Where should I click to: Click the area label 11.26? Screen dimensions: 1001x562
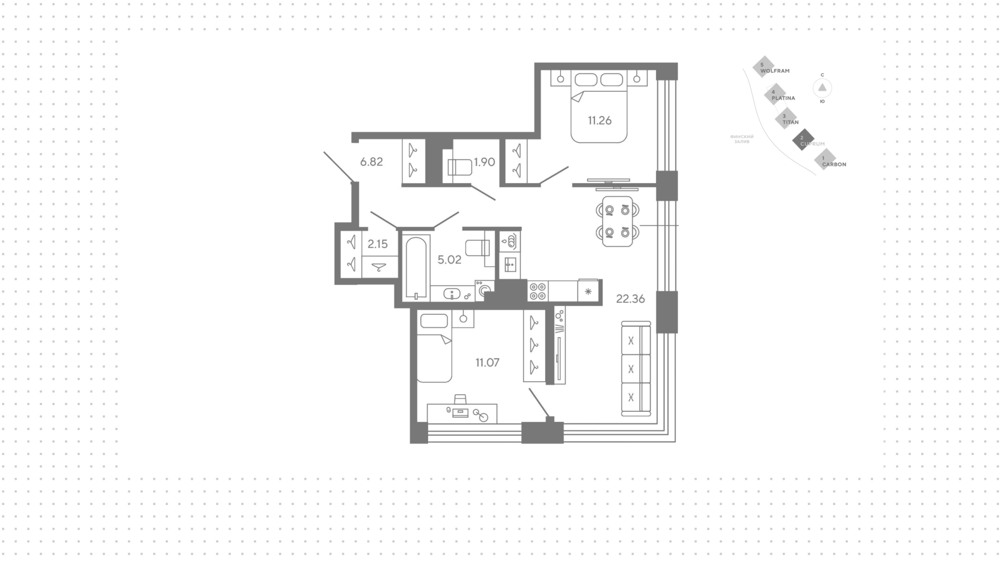(x=600, y=120)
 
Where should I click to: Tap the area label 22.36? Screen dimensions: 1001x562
(x=630, y=299)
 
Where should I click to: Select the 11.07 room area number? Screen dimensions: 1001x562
(x=487, y=362)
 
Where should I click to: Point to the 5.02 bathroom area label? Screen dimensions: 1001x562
(x=449, y=260)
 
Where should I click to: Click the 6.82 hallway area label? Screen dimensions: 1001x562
(x=371, y=162)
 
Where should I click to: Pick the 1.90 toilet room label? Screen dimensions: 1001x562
(x=484, y=162)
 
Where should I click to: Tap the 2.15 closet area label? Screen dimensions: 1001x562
(x=377, y=243)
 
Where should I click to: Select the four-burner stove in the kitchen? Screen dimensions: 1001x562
(x=538, y=291)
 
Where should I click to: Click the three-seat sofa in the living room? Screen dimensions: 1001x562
(x=636, y=369)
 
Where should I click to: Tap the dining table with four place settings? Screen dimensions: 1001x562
(x=617, y=221)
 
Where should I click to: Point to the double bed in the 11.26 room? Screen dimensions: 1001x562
(x=599, y=107)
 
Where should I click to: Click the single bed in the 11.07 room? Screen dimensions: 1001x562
(x=434, y=347)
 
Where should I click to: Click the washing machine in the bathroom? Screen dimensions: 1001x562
(x=485, y=291)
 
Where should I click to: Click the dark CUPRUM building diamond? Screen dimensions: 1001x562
(x=803, y=139)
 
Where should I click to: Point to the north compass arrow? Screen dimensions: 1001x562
(x=822, y=88)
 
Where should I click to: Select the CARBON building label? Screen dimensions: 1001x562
(x=834, y=164)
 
